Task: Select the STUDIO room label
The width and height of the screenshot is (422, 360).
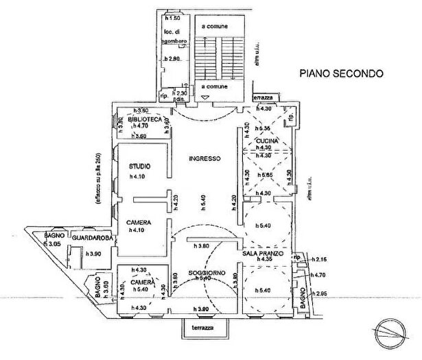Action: pyautogui.click(x=140, y=166)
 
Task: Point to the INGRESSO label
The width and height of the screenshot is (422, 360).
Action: pyautogui.click(x=204, y=158)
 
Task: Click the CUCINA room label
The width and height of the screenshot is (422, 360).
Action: pyautogui.click(x=267, y=141)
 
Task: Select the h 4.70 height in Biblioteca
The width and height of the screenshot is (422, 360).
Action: pyautogui.click(x=139, y=126)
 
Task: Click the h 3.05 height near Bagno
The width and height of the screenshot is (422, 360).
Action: pyautogui.click(x=54, y=244)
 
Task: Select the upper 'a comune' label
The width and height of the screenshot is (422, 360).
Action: pyautogui.click(x=213, y=25)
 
